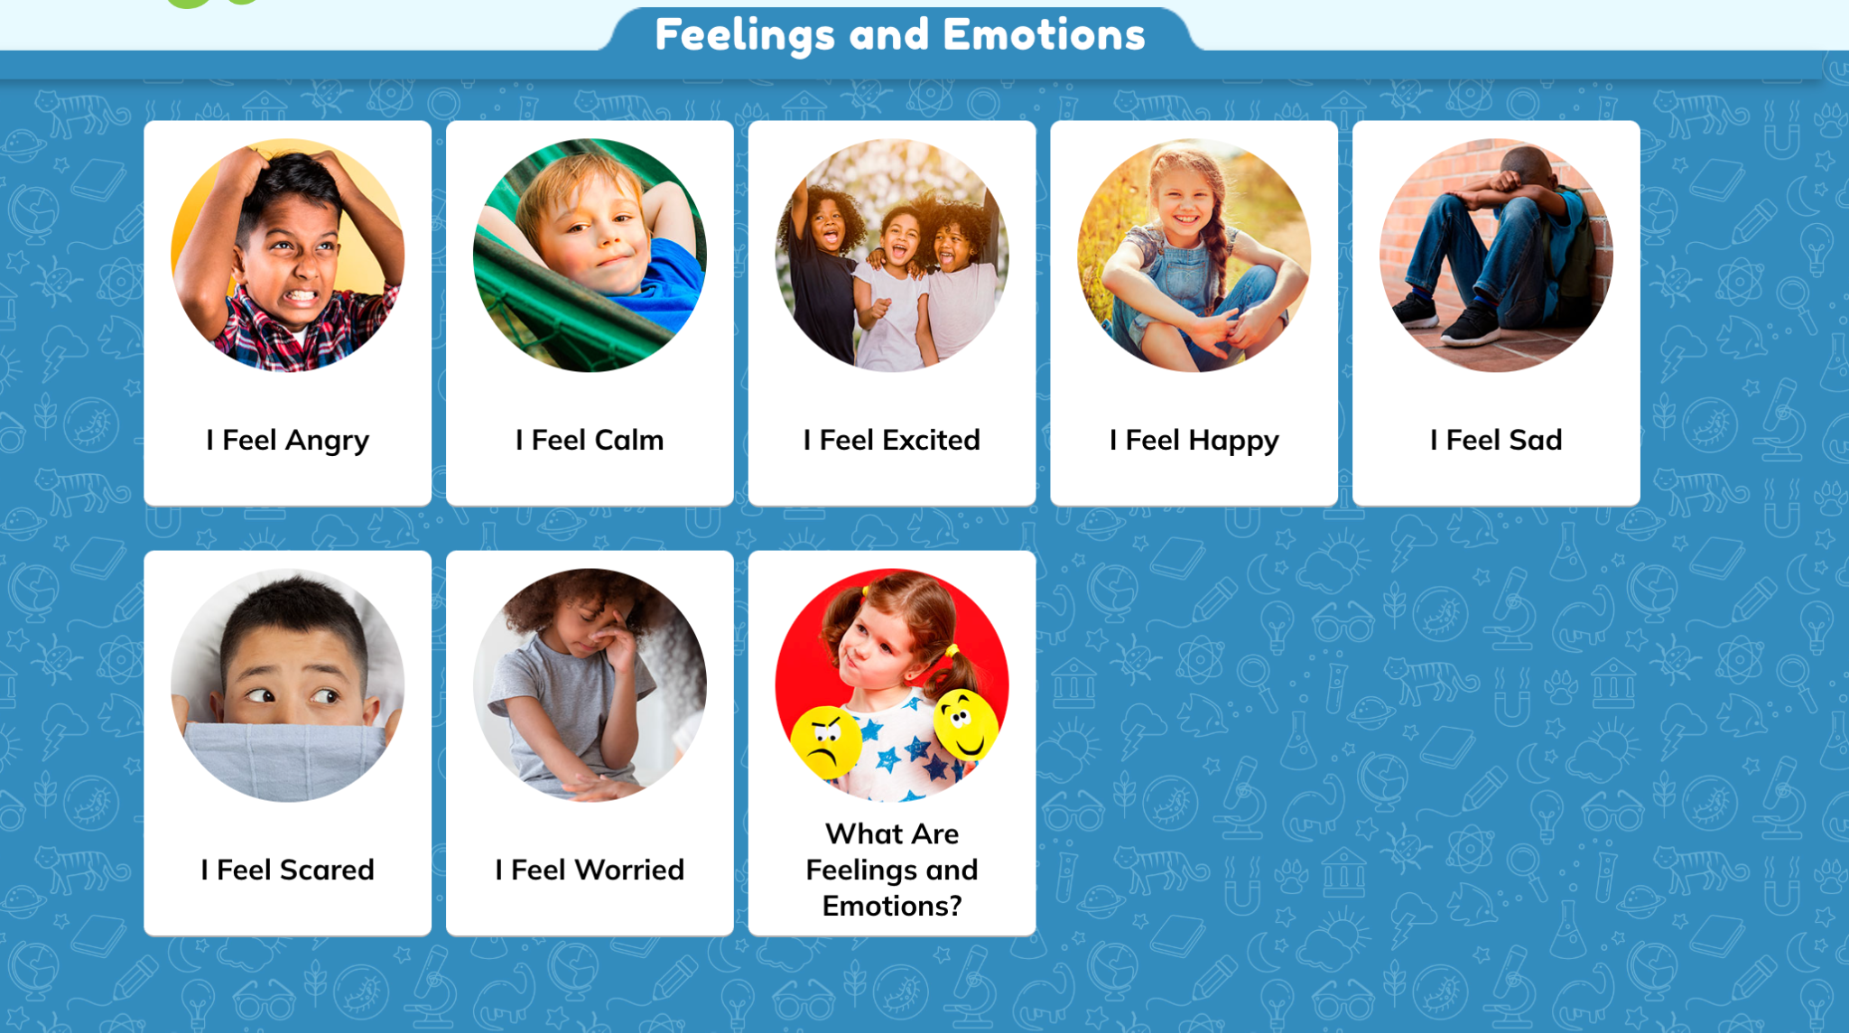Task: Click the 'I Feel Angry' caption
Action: click(287, 441)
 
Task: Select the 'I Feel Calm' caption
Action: click(590, 440)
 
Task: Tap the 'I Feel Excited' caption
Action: click(892, 440)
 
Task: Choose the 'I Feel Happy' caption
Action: click(1194, 441)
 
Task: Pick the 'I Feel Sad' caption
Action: click(1496, 440)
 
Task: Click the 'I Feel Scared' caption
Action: click(287, 870)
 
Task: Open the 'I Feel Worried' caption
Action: click(590, 870)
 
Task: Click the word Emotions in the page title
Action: click(1044, 35)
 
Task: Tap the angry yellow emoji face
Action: click(825, 742)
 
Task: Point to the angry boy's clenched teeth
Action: click(301, 297)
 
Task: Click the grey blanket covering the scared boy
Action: click(286, 759)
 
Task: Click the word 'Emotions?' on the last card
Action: click(892, 906)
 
